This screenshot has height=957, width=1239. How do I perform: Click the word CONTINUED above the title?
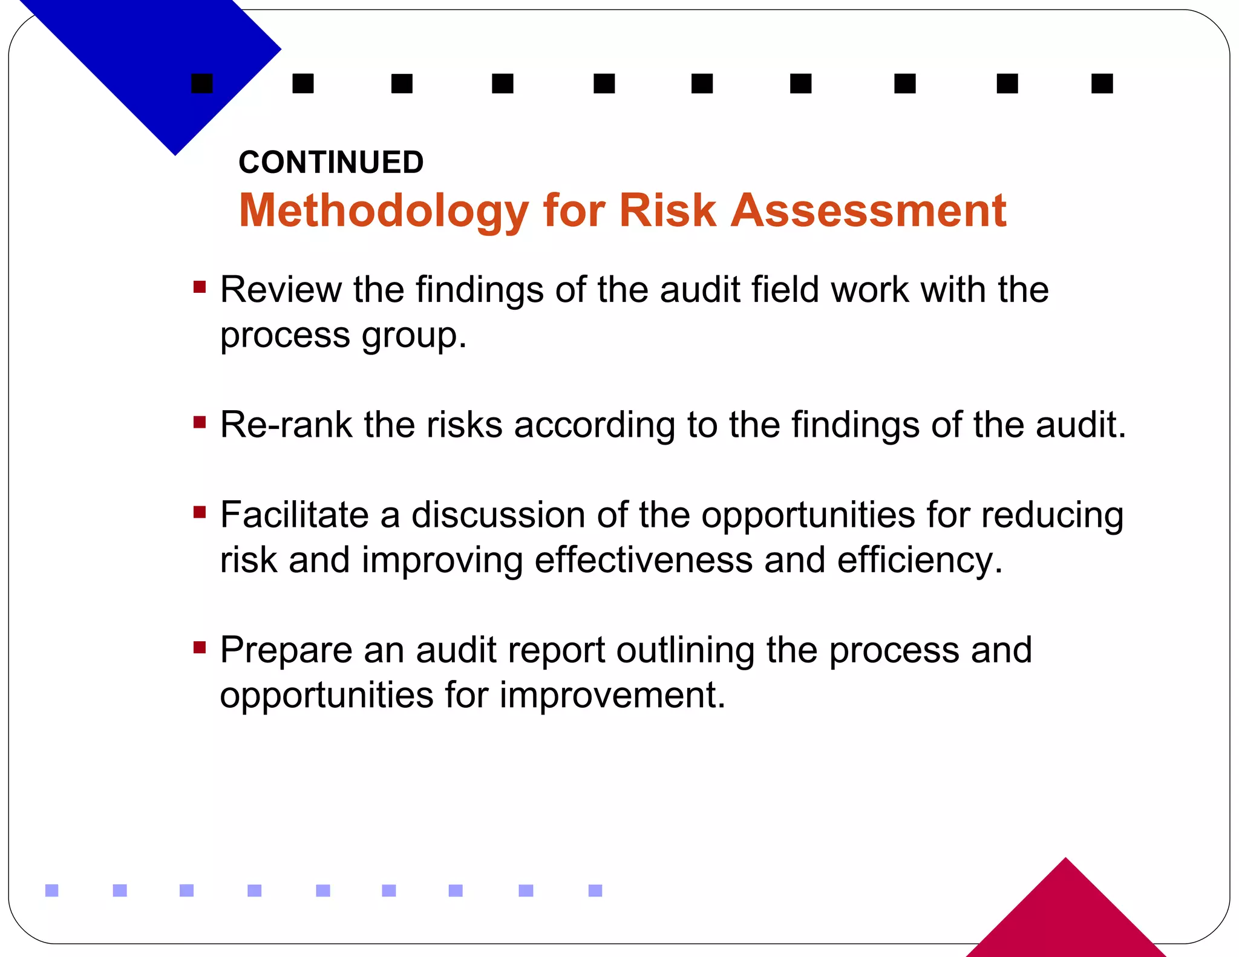pyautogui.click(x=331, y=162)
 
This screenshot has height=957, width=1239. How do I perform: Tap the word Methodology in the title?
pyautogui.click(x=384, y=211)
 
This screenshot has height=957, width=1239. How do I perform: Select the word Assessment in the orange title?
pyautogui.click(x=869, y=210)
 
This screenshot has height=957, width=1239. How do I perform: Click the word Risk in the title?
pyautogui.click(x=667, y=210)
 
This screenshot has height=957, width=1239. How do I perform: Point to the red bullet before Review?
pyautogui.click(x=200, y=286)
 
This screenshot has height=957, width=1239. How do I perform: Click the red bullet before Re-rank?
pyautogui.click(x=200, y=422)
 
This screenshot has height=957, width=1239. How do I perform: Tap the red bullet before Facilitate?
pyautogui.click(x=200, y=512)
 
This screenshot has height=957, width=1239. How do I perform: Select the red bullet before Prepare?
pyautogui.click(x=200, y=647)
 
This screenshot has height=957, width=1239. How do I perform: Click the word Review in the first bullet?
pyautogui.click(x=281, y=289)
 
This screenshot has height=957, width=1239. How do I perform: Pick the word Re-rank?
pyautogui.click(x=286, y=424)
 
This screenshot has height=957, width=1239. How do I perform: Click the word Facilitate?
pyautogui.click(x=294, y=515)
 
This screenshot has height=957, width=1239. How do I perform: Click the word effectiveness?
pyautogui.click(x=644, y=560)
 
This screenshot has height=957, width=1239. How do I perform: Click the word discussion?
pyautogui.click(x=499, y=515)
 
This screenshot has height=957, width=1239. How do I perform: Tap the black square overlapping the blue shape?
pyautogui.click(x=202, y=83)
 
